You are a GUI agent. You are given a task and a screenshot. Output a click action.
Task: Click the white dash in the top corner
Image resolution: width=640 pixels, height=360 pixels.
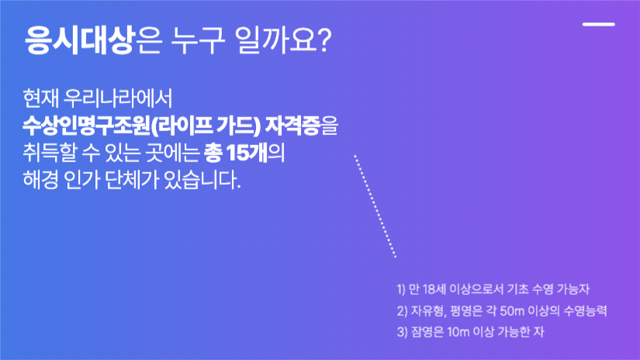[598, 24]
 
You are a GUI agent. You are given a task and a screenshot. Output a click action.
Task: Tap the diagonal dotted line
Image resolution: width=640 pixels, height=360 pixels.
[375, 206]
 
